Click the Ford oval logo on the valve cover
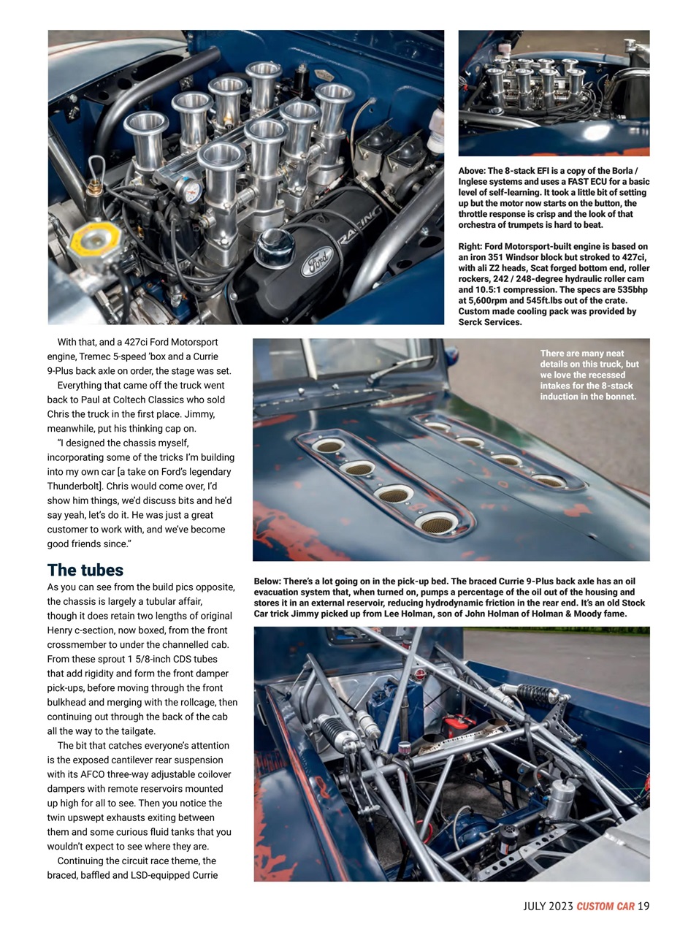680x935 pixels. (316, 261)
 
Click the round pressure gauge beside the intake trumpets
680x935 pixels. (191, 191)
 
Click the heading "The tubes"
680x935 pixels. (85, 570)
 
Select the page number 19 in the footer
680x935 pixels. (643, 907)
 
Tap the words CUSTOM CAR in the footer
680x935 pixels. (605, 907)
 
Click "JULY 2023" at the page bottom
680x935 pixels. (548, 907)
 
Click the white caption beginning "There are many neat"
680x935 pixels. (589, 375)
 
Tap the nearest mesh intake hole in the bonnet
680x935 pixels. (438, 522)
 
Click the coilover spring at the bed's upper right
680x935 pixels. (537, 694)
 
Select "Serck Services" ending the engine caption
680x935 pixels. (489, 322)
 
